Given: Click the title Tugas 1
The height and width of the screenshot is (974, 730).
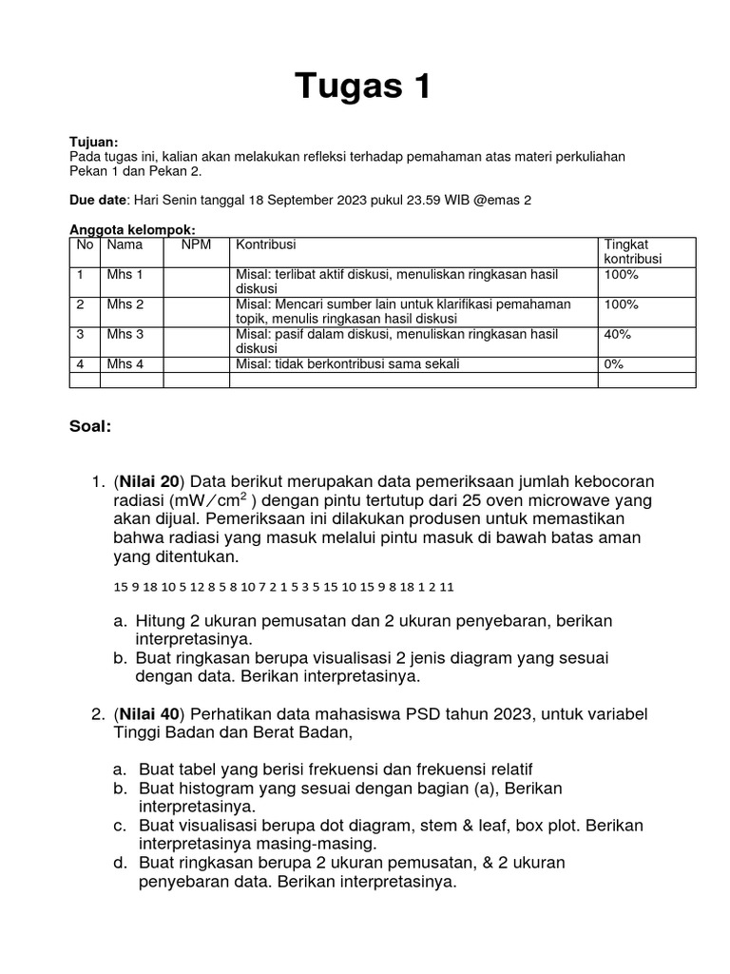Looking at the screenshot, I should (x=364, y=87).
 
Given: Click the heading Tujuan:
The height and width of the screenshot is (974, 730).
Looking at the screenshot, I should (x=94, y=142).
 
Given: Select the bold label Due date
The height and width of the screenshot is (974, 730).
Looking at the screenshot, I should (x=99, y=201).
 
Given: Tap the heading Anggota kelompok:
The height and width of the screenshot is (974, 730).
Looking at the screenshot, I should (x=133, y=230).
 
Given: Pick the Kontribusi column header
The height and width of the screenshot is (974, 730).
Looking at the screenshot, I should (x=267, y=244).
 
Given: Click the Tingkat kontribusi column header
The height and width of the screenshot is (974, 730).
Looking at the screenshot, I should (x=633, y=251).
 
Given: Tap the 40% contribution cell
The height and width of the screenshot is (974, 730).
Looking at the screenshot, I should (x=619, y=335).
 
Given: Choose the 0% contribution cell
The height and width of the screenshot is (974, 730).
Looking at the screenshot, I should (x=615, y=364).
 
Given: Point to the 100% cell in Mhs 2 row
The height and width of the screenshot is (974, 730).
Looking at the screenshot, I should (x=622, y=304).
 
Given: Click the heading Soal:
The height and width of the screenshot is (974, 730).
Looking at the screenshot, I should (x=90, y=426).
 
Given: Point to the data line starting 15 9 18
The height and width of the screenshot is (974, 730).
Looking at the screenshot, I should (x=284, y=587).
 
